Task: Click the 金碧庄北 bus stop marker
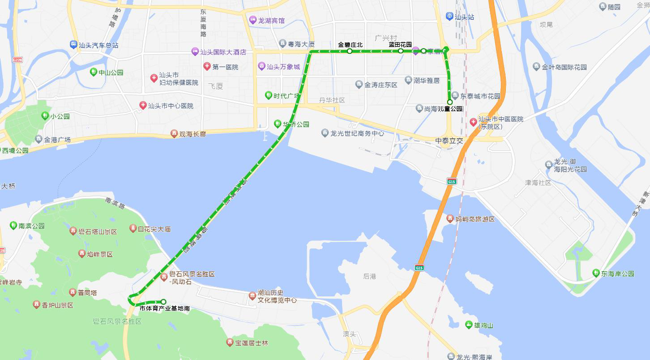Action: (350, 51)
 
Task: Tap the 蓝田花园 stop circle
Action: (401, 51)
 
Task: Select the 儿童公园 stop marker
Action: (450, 102)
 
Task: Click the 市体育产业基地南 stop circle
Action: (163, 302)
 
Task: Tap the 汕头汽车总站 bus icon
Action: (73, 45)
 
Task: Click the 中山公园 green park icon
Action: (94, 72)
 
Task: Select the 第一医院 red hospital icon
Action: (207, 67)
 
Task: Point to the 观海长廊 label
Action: (192, 133)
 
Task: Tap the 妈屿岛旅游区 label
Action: (475, 219)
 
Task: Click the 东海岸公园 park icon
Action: (596, 273)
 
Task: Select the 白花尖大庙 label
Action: (154, 229)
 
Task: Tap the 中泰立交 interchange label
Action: (449, 141)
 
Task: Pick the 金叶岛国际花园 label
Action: (564, 67)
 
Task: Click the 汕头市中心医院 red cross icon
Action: (143, 106)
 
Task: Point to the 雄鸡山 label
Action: (483, 325)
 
